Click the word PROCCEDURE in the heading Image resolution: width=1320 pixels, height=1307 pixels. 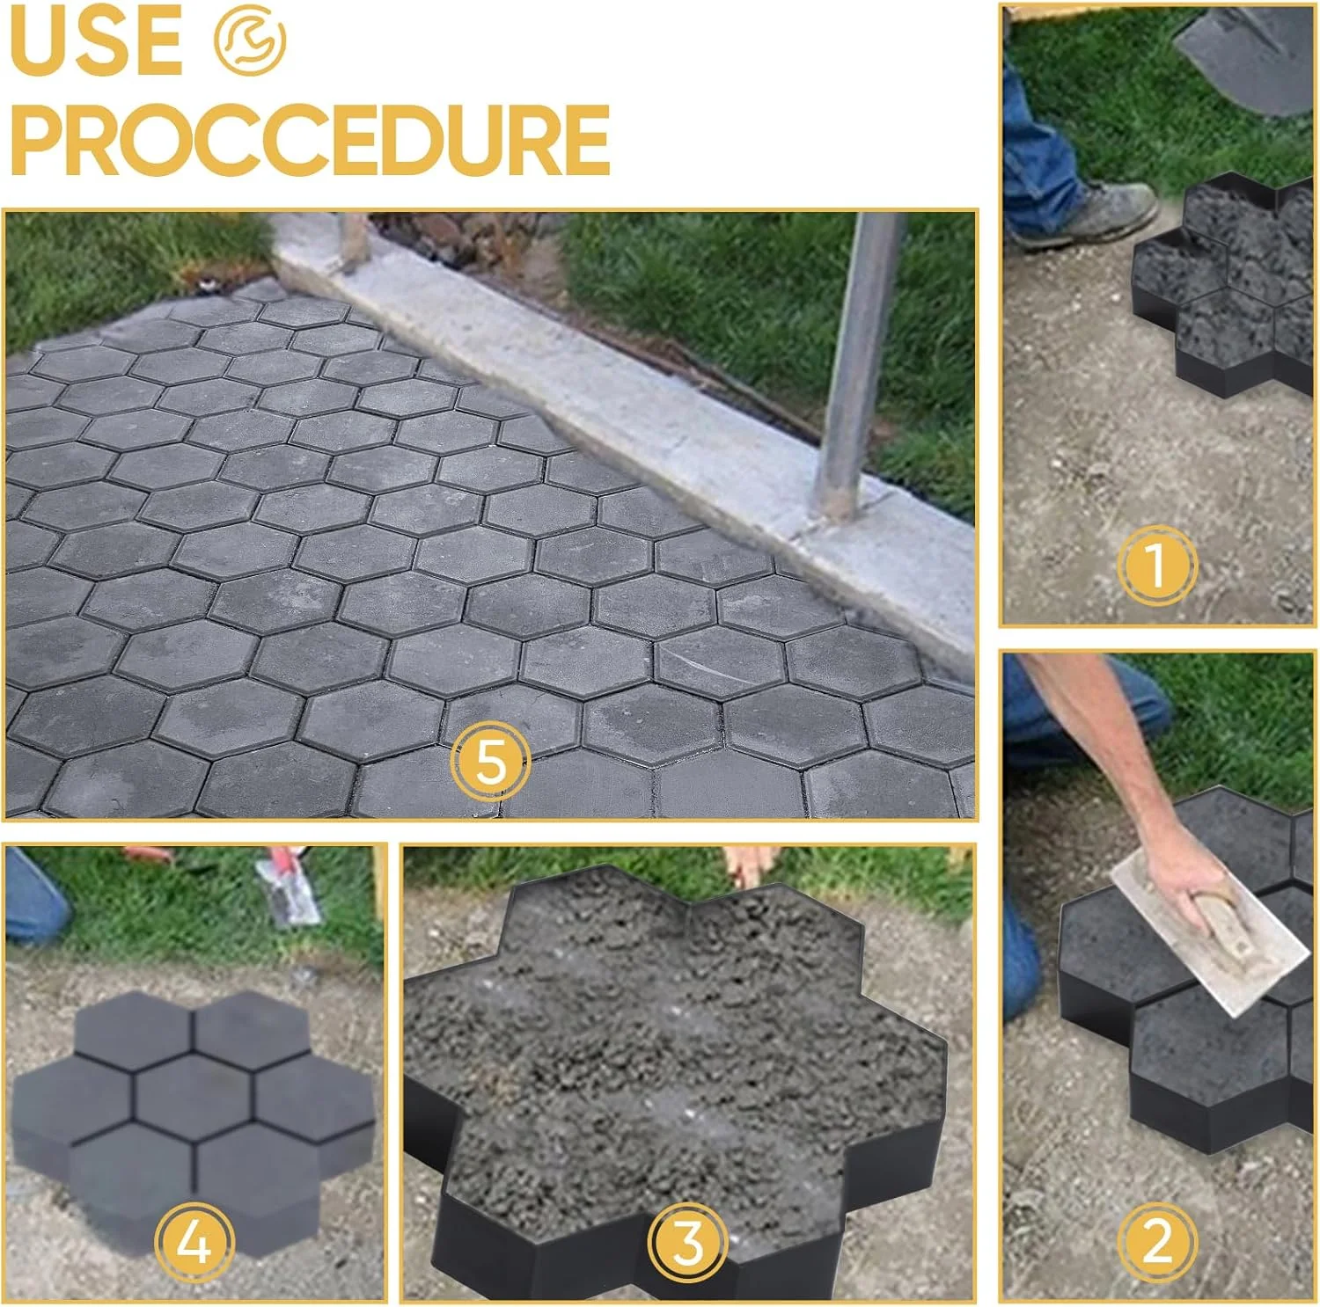(x=310, y=140)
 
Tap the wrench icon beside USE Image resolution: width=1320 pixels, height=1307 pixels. (x=250, y=40)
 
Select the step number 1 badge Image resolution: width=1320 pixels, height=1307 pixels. (x=1157, y=566)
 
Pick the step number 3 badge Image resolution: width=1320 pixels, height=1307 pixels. (x=687, y=1242)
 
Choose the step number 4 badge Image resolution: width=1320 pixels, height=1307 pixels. (x=194, y=1242)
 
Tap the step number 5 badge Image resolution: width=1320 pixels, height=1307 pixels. (x=490, y=761)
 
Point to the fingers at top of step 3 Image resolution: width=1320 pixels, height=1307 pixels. (x=748, y=865)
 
